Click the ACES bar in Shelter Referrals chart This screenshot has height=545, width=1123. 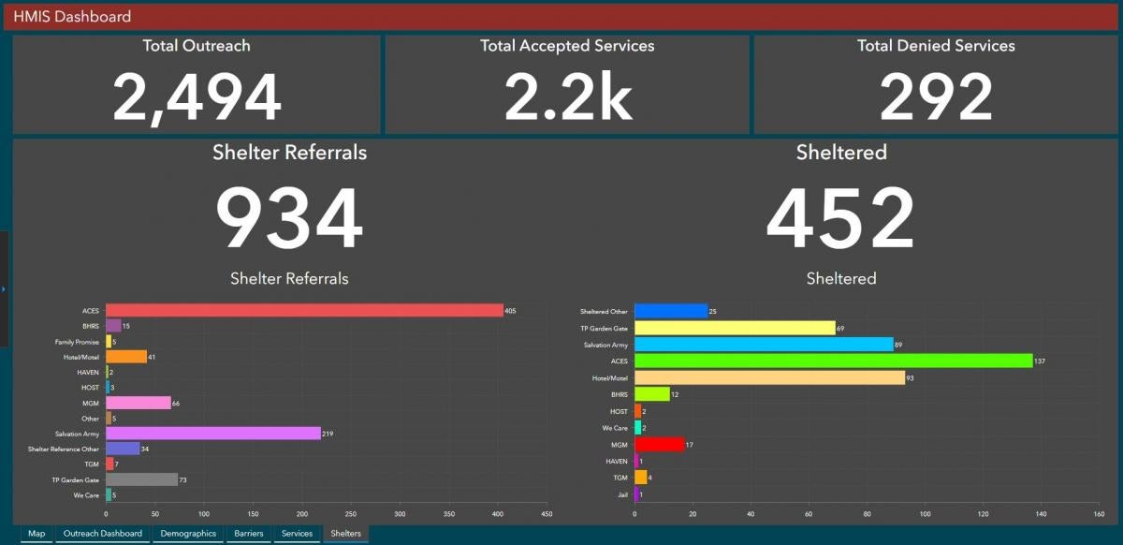(304, 310)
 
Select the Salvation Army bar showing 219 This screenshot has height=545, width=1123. (212, 434)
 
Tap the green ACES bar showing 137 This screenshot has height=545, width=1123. (833, 361)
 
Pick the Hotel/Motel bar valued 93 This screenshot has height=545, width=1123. (769, 378)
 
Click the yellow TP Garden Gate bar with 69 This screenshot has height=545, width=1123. (735, 328)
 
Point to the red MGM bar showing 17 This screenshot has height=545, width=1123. (659, 445)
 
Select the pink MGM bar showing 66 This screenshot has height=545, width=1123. (138, 403)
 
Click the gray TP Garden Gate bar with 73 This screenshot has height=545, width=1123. (141, 479)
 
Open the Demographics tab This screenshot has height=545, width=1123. (188, 534)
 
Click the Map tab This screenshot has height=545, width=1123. (36, 534)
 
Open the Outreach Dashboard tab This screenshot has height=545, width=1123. (102, 534)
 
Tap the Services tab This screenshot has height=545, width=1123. (297, 534)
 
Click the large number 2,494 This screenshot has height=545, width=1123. (197, 97)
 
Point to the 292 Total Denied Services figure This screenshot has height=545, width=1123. (936, 97)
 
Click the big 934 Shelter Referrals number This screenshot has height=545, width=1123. (288, 220)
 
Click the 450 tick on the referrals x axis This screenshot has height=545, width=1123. (547, 514)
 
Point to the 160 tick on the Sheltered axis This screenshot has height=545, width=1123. (1099, 514)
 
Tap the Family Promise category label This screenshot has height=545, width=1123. (77, 342)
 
